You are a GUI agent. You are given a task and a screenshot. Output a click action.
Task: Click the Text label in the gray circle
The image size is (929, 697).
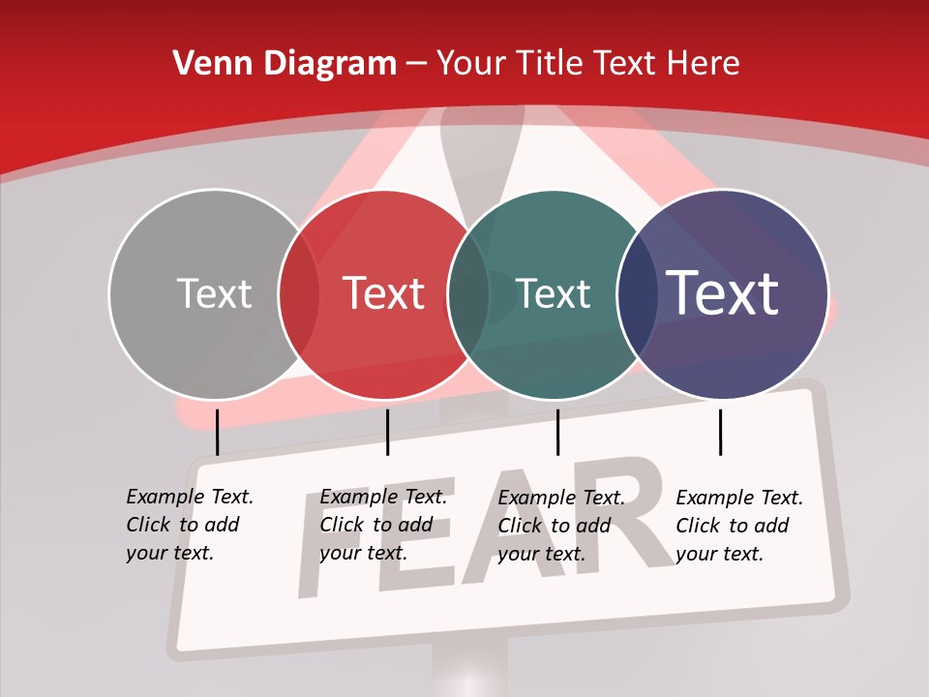coord(214,294)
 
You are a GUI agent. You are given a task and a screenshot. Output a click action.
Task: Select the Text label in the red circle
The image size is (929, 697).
coord(384,294)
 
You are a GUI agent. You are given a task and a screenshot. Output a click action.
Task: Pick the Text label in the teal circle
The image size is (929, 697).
coord(554,294)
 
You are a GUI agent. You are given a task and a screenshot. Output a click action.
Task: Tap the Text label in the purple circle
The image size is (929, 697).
coord(723,293)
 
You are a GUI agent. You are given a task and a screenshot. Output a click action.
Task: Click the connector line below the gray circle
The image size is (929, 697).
coord(217,432)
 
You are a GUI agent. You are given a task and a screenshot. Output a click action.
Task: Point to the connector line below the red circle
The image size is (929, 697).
coord(387,432)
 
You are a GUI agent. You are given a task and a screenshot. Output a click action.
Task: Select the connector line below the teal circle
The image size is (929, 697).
coord(557,432)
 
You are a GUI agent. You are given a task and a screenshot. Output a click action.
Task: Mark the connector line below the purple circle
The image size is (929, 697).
coord(720,432)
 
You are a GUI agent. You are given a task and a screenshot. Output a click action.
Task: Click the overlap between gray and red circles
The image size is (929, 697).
coord(299,294)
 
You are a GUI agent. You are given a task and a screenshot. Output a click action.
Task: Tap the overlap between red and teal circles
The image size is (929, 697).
coord(469,294)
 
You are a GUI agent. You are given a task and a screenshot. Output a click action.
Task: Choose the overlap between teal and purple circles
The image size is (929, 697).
coord(638,294)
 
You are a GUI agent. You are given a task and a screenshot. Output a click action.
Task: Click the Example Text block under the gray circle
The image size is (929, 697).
coord(190,525)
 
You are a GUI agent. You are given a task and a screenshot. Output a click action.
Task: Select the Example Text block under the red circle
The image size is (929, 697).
coord(383,525)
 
